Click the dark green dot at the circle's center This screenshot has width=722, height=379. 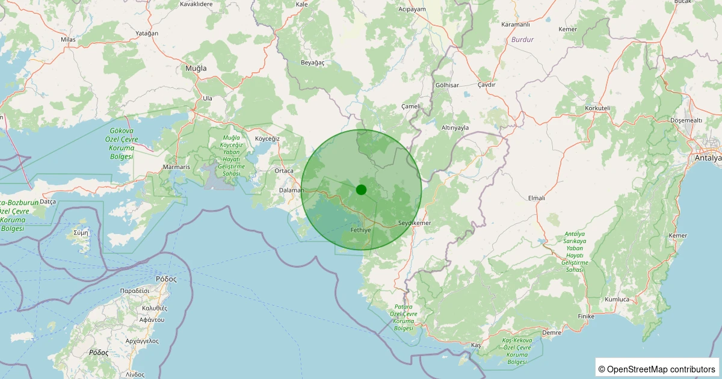click(361, 190)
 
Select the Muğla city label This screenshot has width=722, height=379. click(196, 69)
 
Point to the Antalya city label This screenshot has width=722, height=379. click(708, 158)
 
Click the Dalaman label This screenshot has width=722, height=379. click(292, 191)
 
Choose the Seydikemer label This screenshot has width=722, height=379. click(415, 223)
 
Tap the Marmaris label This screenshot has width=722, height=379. click(176, 167)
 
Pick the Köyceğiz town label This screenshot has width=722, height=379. click(268, 139)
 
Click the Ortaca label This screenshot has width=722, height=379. click(284, 171)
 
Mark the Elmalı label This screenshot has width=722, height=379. click(536, 198)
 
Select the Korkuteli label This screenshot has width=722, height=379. click(597, 108)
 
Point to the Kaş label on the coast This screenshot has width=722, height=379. click(477, 345)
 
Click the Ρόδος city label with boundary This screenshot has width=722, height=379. click(166, 279)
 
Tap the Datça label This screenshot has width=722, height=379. click(47, 202)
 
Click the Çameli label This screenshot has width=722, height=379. click(411, 106)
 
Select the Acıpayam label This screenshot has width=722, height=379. click(412, 10)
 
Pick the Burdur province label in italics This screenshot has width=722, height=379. click(522, 40)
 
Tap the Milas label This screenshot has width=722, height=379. click(68, 40)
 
